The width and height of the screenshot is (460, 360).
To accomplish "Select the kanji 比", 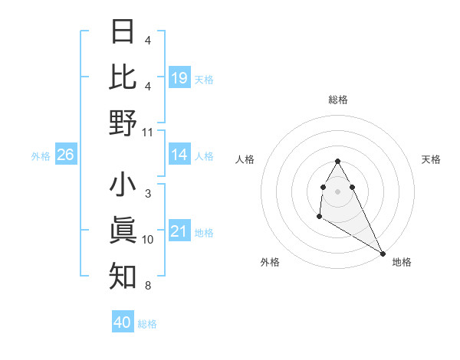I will click(x=123, y=77).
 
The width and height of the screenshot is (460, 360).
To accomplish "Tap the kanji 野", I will click(x=123, y=122).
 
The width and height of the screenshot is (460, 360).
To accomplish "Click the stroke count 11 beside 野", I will click(x=148, y=132).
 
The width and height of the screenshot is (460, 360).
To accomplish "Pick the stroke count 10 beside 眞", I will click(x=148, y=240).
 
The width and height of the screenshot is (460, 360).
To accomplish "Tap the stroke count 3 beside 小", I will click(x=147, y=195).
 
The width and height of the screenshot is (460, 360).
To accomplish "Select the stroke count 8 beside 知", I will click(x=147, y=286).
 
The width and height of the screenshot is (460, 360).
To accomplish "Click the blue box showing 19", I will click(x=179, y=77).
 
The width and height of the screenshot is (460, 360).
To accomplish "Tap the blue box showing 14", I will click(x=179, y=155).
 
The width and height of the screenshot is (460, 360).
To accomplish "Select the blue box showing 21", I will click(x=179, y=232).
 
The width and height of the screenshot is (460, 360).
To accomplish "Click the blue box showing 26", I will click(x=66, y=155).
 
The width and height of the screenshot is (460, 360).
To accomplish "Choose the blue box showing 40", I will click(x=123, y=322).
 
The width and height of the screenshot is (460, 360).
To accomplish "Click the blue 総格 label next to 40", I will click(x=147, y=324).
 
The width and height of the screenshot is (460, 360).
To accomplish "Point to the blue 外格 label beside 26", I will click(x=41, y=156).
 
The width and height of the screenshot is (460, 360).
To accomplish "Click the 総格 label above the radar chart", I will click(x=338, y=100).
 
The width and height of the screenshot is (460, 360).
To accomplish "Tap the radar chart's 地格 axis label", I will click(x=402, y=263).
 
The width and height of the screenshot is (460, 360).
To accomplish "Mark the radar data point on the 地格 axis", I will click(x=383, y=253).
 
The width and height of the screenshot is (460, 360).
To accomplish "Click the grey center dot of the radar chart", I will click(x=338, y=191).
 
